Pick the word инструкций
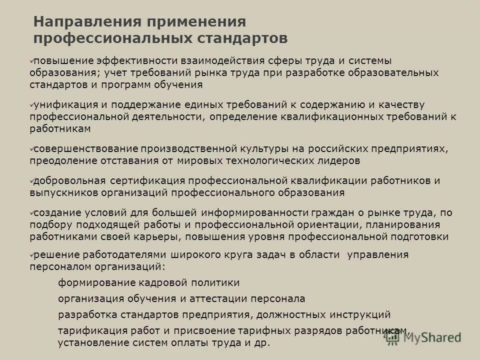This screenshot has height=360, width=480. point(360,315)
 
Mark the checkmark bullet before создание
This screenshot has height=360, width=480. point(31,212)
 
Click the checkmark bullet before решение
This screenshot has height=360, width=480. point(31,254)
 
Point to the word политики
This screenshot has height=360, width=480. point(216,283)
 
